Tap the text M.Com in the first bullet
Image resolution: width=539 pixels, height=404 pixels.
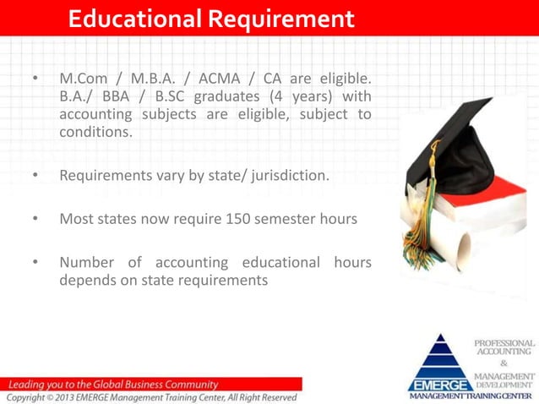(81, 79)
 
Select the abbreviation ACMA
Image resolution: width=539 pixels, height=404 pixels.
(222, 79)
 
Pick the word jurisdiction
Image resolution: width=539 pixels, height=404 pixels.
(283, 176)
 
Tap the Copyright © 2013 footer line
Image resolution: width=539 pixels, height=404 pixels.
(152, 397)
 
